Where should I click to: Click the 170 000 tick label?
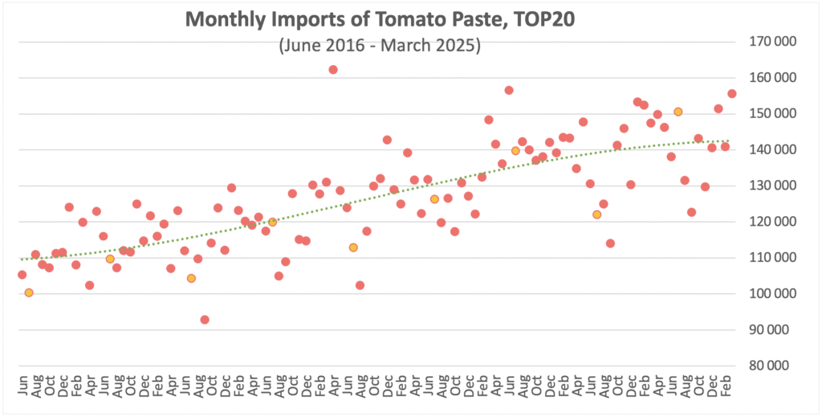pos(776,42)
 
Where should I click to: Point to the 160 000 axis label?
pos(776,78)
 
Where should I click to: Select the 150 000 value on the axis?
pos(776,114)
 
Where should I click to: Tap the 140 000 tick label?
pos(776,150)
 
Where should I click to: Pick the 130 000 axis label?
pos(776,186)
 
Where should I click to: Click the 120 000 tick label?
pos(776,222)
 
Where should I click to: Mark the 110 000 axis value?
pos(776,258)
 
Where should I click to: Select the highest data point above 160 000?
pos(333,70)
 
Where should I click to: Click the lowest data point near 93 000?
pos(205,320)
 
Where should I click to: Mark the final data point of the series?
pos(732,94)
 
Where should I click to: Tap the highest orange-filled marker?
pos(678,112)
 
